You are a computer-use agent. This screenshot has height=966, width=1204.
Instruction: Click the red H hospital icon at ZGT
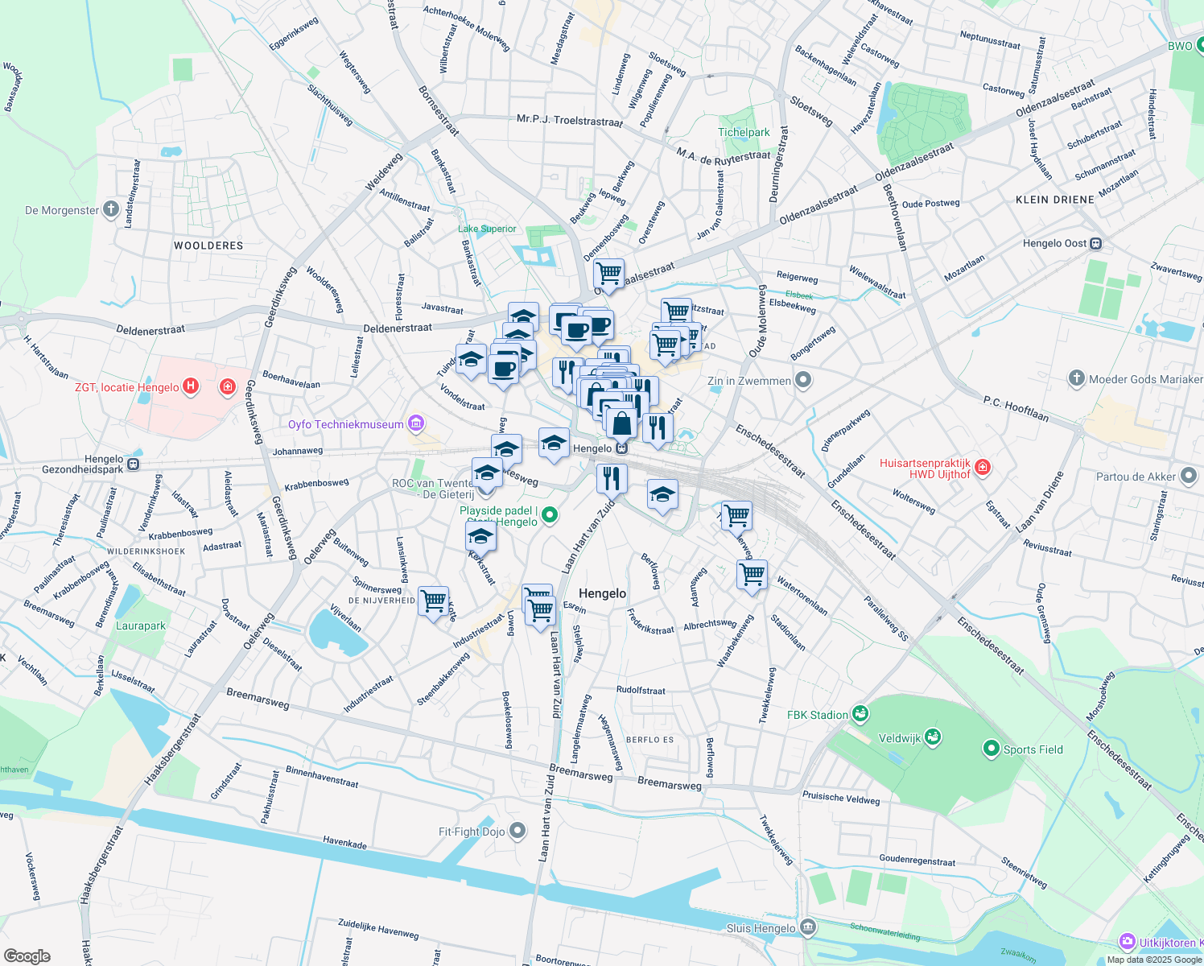click(x=191, y=386)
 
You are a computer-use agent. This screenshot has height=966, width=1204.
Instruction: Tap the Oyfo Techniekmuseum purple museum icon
click(x=416, y=423)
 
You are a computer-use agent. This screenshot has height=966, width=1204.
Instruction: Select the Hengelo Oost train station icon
click(x=1095, y=243)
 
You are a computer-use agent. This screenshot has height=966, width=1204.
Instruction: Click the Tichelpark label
click(x=744, y=133)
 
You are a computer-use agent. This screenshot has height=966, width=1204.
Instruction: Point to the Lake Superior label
click(x=487, y=229)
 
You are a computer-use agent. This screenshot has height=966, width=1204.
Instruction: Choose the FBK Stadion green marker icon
click(x=860, y=714)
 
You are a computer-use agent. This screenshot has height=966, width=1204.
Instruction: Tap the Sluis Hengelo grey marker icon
click(x=809, y=927)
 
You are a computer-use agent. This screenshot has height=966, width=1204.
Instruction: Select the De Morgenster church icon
click(x=111, y=210)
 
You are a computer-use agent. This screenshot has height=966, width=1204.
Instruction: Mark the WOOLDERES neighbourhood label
click(x=208, y=246)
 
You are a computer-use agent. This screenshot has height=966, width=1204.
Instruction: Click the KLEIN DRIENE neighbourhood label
click(x=1054, y=200)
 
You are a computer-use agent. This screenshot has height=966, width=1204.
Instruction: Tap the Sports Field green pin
click(x=992, y=749)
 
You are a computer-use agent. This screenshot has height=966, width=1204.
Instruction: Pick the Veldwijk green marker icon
click(x=933, y=737)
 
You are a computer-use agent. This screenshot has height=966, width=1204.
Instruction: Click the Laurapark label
click(x=141, y=625)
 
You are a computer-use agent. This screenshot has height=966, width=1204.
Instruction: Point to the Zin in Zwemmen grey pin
click(x=802, y=380)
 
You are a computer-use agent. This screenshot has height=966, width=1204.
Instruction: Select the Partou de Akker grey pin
click(x=1189, y=476)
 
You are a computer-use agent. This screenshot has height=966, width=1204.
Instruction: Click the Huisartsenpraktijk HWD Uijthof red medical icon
click(x=982, y=468)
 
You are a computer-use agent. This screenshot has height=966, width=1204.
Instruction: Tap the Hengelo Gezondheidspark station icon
click(x=134, y=464)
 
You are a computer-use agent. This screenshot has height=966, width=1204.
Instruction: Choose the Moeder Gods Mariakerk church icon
click(x=1076, y=378)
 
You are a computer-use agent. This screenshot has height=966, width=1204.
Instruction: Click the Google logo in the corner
click(x=27, y=956)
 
